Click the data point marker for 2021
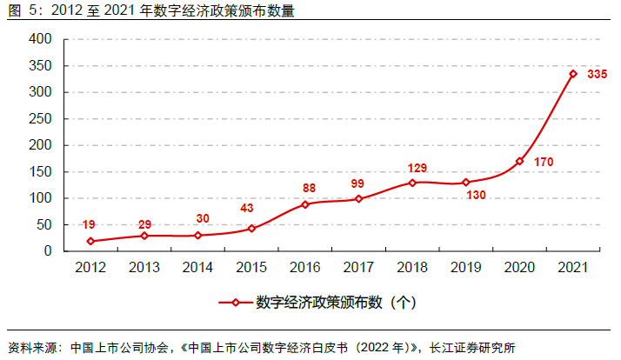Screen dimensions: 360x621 pos(573,74)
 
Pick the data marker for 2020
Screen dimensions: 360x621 pos(519,161)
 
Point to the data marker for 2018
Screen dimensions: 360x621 pos(411,183)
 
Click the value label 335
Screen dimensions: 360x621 pos(597,75)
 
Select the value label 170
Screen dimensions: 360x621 pos(544,162)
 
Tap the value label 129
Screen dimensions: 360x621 pos(418,168)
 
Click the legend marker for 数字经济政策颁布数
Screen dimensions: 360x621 pos(235,303)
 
